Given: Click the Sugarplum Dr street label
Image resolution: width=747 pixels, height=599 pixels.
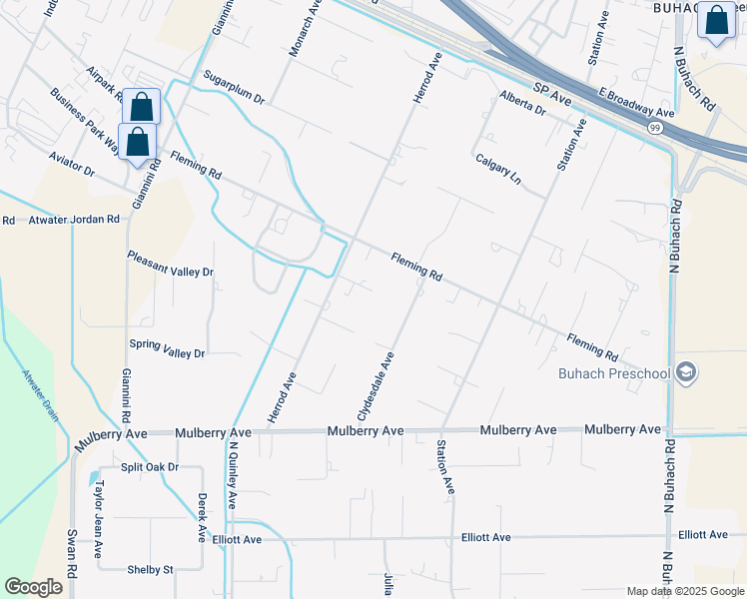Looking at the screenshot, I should (233, 87).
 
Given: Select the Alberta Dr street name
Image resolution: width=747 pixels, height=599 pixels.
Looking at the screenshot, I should (523, 103).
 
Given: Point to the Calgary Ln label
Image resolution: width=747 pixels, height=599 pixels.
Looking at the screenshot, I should (498, 168).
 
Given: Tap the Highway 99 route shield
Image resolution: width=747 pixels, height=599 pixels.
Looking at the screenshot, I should (654, 128).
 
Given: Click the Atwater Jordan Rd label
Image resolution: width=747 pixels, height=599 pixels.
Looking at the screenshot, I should (73, 219).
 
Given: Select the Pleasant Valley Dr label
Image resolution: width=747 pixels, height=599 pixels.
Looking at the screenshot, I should (170, 264).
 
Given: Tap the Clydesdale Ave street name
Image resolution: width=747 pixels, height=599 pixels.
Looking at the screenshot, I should (376, 385).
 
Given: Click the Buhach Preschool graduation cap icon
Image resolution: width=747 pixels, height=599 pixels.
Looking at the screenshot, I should (685, 373).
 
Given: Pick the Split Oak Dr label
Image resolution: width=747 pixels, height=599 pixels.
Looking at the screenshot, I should (149, 467).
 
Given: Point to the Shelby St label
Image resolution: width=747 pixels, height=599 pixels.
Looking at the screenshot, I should (150, 570).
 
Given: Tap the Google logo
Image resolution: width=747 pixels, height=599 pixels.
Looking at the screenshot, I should (33, 587).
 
